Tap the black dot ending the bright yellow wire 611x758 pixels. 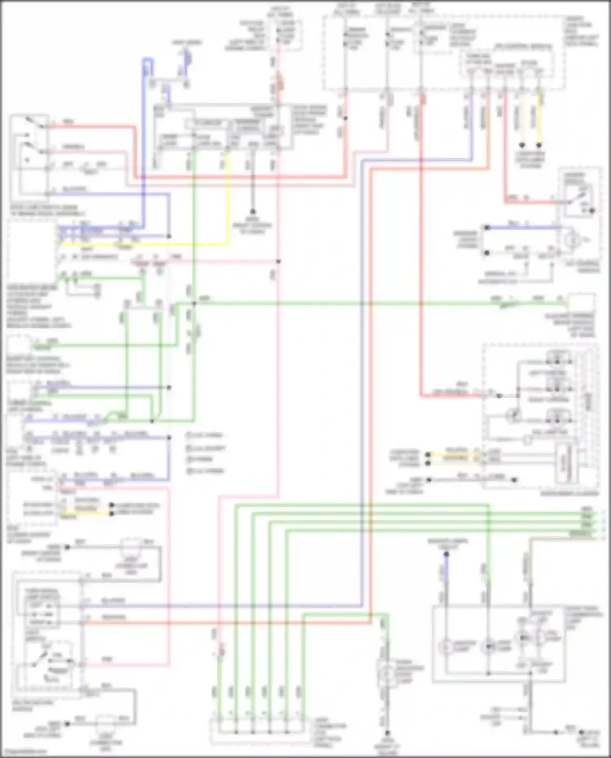click(x=539, y=145)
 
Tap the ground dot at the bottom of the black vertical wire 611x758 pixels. click(x=253, y=211)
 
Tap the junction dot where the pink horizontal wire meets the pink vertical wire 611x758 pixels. click(x=278, y=261)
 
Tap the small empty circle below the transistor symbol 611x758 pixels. click(x=527, y=439)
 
